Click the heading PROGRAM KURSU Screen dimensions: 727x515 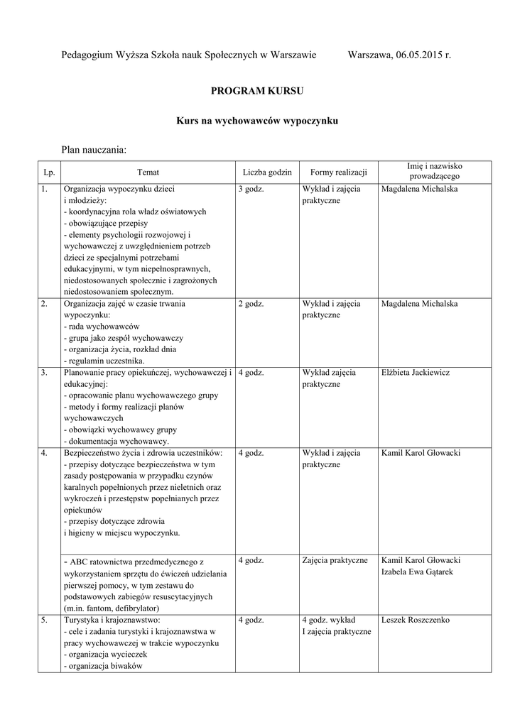[257, 92]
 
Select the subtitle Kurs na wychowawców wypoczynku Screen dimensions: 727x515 [257, 121]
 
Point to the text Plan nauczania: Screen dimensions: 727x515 [94, 150]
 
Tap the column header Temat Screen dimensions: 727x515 [148, 173]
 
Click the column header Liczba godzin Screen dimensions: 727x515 [267, 173]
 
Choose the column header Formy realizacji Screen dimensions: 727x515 [338, 173]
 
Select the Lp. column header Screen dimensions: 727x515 [49, 173]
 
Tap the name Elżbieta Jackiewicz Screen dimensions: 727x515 [416, 373]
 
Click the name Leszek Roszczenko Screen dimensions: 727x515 [416, 620]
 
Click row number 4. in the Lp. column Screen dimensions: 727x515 [45, 453]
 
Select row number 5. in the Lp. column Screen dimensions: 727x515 [45, 620]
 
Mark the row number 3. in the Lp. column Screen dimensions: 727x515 [45, 373]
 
